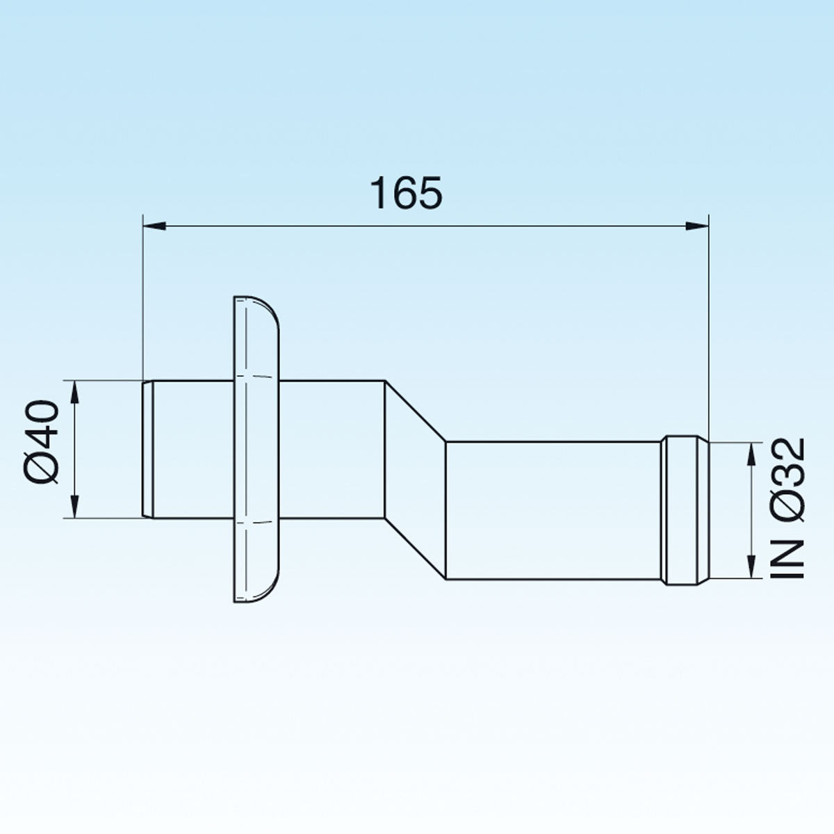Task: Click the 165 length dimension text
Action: coord(407,193)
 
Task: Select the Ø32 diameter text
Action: coord(788,480)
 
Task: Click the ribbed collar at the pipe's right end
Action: coord(685,510)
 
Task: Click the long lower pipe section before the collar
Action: coord(553,511)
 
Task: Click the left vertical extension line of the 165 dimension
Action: coord(142,299)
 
